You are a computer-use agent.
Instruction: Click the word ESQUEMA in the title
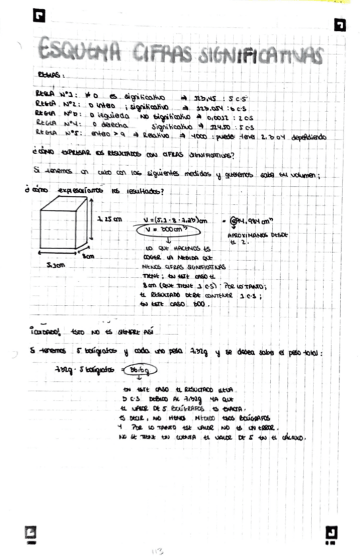tap(77, 49)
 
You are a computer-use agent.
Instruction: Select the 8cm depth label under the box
tap(89, 256)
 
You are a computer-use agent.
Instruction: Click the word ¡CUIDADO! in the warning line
tap(49, 332)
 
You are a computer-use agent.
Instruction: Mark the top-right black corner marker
tap(340, 25)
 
